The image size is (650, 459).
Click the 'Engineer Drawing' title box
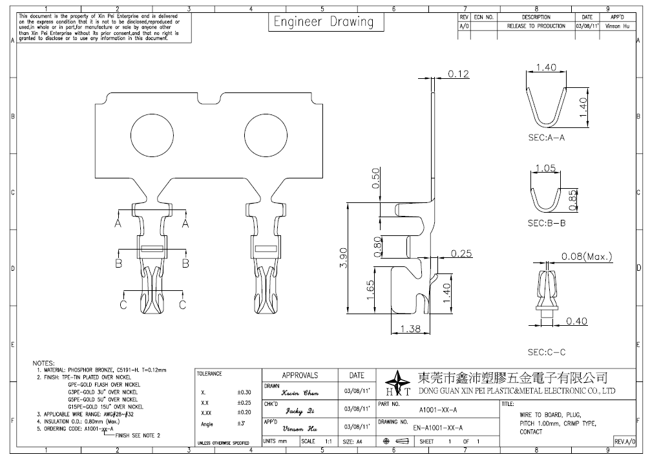(x=324, y=22)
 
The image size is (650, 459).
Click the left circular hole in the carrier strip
(x=153, y=137)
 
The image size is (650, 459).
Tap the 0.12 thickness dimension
(x=458, y=74)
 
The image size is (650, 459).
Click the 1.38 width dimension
(x=410, y=329)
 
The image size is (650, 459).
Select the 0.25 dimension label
(x=461, y=253)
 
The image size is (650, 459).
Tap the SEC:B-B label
(x=547, y=223)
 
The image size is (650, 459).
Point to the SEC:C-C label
(x=547, y=352)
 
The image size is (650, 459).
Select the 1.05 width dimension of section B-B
(x=546, y=169)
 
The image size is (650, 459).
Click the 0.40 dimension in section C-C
(x=576, y=321)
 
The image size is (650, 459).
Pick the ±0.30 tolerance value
(x=244, y=392)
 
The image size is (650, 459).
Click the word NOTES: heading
(x=43, y=363)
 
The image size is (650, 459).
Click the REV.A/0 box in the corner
(x=625, y=440)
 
